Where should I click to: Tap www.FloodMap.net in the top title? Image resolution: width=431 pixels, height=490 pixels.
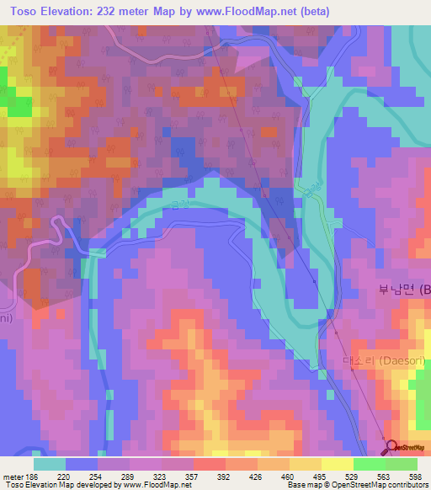243,11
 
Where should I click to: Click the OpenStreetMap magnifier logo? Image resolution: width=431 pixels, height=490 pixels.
392,447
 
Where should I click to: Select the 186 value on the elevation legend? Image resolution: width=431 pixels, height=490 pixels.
32,477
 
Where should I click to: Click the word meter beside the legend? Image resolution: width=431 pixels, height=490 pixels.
12,477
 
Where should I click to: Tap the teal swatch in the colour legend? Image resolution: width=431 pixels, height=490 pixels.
50,464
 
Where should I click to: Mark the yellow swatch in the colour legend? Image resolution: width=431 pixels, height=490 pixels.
338,464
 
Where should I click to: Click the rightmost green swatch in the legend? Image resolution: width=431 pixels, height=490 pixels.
402,464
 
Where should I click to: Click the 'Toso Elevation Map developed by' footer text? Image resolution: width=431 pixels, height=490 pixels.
50,485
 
